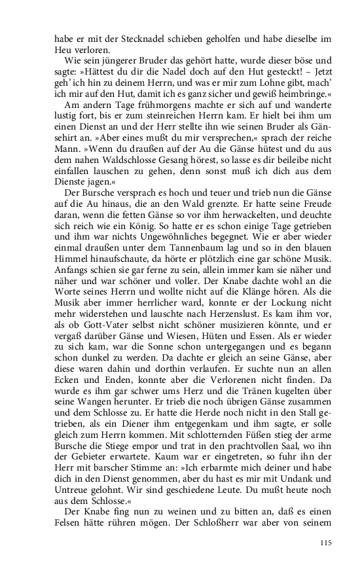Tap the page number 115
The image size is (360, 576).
point(327,543)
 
